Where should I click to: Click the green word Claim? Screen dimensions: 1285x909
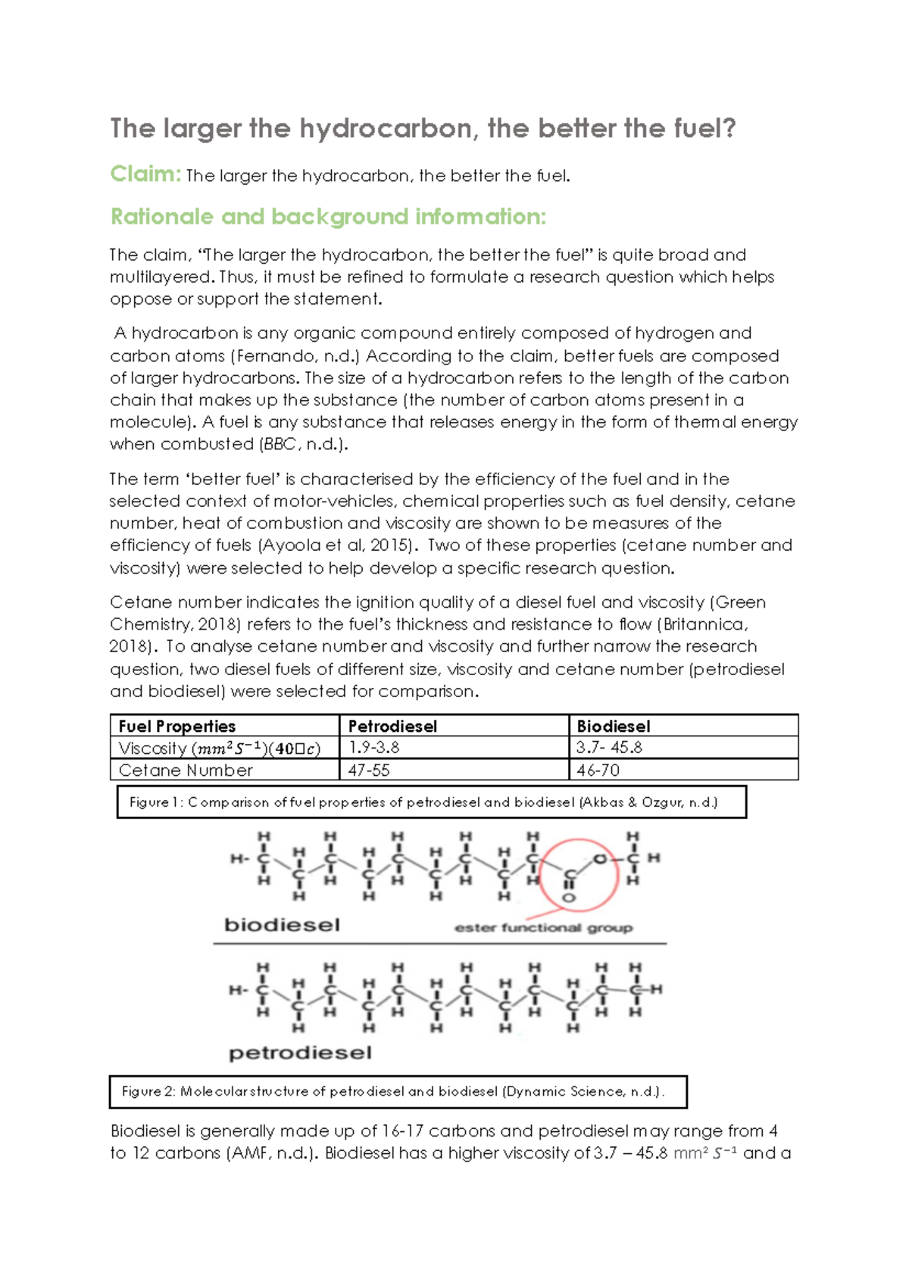point(145,174)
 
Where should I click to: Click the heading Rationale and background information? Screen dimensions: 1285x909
point(328,217)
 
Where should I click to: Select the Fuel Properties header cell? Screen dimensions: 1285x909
point(177,726)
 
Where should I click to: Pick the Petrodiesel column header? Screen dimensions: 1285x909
point(392,726)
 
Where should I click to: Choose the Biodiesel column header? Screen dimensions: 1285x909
point(614,726)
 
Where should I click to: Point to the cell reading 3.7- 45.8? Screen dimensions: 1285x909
point(609,747)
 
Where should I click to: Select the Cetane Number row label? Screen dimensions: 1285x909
point(186,770)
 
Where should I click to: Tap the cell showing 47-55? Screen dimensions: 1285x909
point(368,770)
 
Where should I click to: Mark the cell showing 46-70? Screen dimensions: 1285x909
point(598,770)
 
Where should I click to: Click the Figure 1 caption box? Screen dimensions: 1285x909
point(431,802)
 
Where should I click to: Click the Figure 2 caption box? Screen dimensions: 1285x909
point(398,1092)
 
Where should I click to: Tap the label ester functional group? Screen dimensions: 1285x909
point(543,927)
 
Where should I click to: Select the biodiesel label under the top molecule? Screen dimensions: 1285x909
point(282,924)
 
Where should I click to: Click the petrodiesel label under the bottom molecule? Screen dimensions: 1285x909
point(300,1052)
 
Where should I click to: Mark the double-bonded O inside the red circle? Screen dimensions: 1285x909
point(569,898)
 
